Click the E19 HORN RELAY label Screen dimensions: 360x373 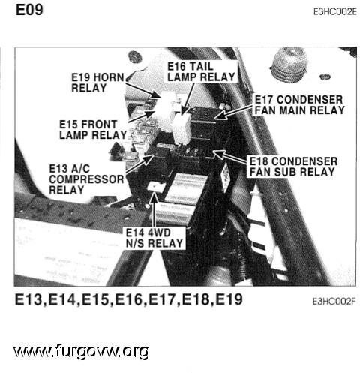click(x=97, y=83)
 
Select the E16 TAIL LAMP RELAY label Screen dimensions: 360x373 click(x=201, y=72)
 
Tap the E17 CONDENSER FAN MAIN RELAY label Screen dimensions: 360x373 click(x=299, y=105)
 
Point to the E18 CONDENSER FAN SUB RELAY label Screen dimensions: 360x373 click(x=293, y=167)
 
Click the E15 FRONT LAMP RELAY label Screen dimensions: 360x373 click(x=93, y=130)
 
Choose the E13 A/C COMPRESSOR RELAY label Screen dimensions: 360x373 click(x=86, y=179)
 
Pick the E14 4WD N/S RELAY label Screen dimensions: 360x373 click(x=154, y=238)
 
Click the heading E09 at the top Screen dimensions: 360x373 click(x=29, y=10)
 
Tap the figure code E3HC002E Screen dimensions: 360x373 click(x=335, y=12)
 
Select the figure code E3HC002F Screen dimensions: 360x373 click(x=334, y=302)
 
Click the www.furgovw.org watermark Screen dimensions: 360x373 click(x=81, y=351)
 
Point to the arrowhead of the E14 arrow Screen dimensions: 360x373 click(x=154, y=196)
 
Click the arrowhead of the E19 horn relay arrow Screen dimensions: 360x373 click(x=159, y=97)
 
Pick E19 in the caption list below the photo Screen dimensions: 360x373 click(x=229, y=299)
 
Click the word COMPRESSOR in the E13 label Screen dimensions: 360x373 click(x=86, y=179)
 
